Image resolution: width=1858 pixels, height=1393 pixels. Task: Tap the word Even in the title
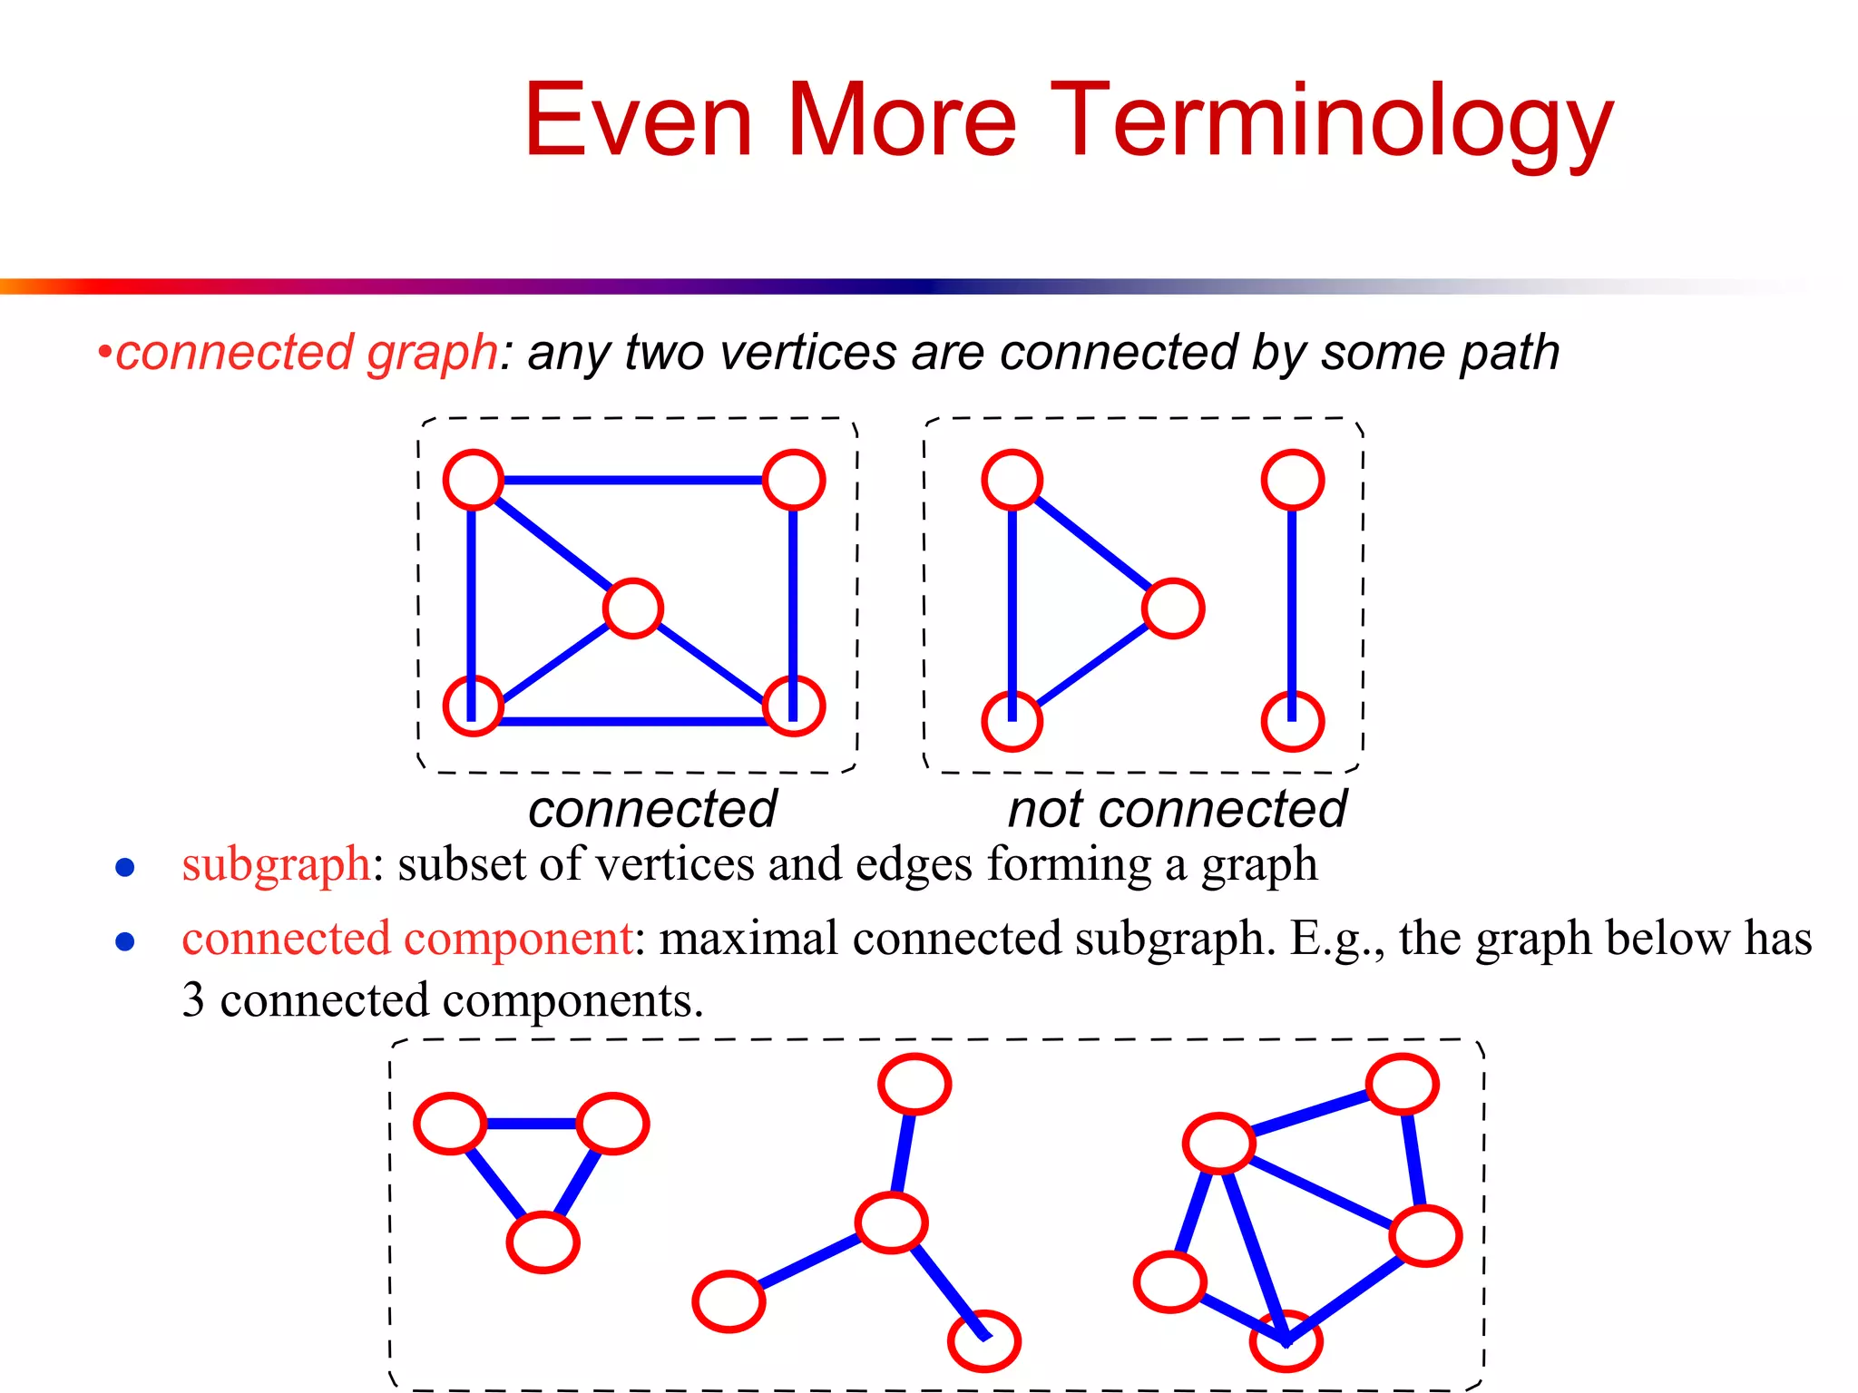[638, 122]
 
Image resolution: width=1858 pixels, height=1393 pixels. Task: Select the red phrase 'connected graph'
[307, 352]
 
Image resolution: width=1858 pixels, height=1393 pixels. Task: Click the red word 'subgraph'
[276, 863]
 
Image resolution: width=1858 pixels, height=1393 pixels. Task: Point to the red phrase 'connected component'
[407, 938]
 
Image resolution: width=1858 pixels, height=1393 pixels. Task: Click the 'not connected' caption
[1177, 809]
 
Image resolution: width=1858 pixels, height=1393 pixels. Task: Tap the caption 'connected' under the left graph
[652, 809]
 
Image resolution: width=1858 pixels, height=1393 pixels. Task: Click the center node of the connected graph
[632, 609]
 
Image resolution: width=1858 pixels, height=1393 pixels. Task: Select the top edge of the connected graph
[632, 480]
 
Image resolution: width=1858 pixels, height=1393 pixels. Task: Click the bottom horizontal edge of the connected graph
[632, 722]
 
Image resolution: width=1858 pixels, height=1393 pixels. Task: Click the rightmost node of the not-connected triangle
[1173, 609]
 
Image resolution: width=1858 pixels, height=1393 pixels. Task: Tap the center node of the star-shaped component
[891, 1223]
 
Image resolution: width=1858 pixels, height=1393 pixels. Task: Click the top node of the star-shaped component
[914, 1084]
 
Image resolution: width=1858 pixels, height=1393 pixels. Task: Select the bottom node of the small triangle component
[543, 1242]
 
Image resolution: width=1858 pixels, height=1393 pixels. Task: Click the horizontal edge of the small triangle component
[532, 1124]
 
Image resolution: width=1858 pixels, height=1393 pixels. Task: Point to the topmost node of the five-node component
[1402, 1084]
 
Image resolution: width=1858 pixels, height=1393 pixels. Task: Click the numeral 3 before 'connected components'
[192, 1000]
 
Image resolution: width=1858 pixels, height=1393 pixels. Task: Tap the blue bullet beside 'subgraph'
[125, 868]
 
